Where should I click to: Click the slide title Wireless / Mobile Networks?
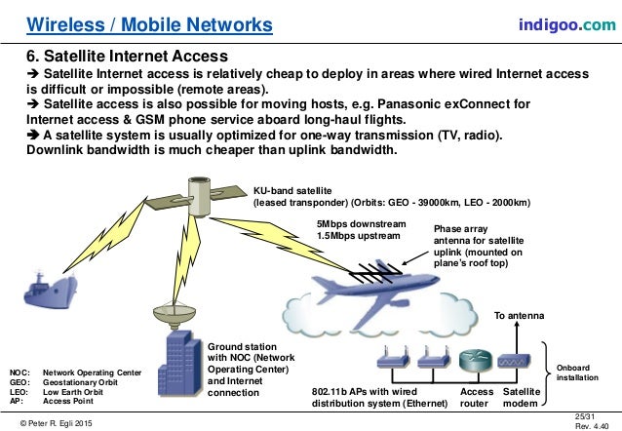(148, 22)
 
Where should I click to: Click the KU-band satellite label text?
(296, 192)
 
